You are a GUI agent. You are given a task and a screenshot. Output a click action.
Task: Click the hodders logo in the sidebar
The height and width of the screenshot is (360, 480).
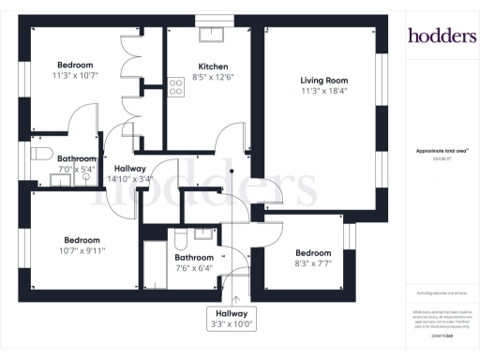pos(441,36)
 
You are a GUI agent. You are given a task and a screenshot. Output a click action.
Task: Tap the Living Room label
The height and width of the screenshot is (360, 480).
pos(323,80)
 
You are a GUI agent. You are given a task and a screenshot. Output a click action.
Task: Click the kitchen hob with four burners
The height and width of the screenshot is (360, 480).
pos(175,87)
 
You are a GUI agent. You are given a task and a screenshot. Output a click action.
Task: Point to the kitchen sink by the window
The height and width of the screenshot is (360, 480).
pos(214,35)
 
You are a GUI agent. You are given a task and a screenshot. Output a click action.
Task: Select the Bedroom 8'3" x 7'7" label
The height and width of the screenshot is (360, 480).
pos(313,253)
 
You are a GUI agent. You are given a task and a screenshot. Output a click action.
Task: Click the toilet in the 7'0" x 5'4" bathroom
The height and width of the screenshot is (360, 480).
pos(40,153)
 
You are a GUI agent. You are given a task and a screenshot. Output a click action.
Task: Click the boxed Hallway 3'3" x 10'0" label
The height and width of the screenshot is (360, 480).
pos(232,318)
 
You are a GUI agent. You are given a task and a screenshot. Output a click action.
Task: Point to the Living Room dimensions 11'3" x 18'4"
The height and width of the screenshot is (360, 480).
pos(323,91)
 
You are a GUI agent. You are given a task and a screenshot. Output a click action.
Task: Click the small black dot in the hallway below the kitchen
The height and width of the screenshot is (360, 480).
pos(232,172)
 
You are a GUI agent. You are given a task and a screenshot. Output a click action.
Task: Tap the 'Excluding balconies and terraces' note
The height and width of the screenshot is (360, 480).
pos(441,293)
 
